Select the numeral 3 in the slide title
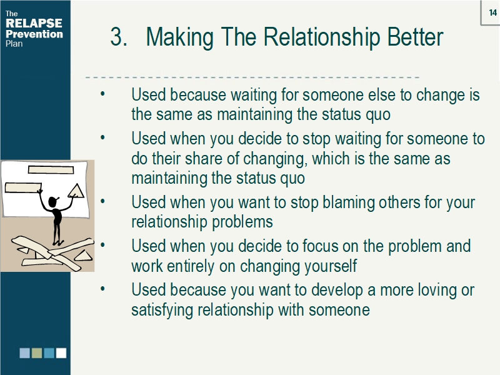click(117, 37)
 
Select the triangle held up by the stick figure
click(77, 192)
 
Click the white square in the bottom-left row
click(61, 353)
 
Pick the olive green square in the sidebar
click(37, 353)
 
